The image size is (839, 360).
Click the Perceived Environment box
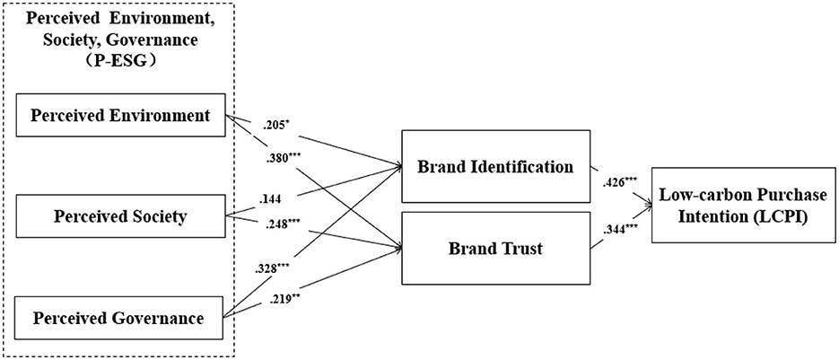coord(119,115)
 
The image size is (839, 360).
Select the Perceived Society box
coord(119,216)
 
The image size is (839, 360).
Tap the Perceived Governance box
coord(119,316)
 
